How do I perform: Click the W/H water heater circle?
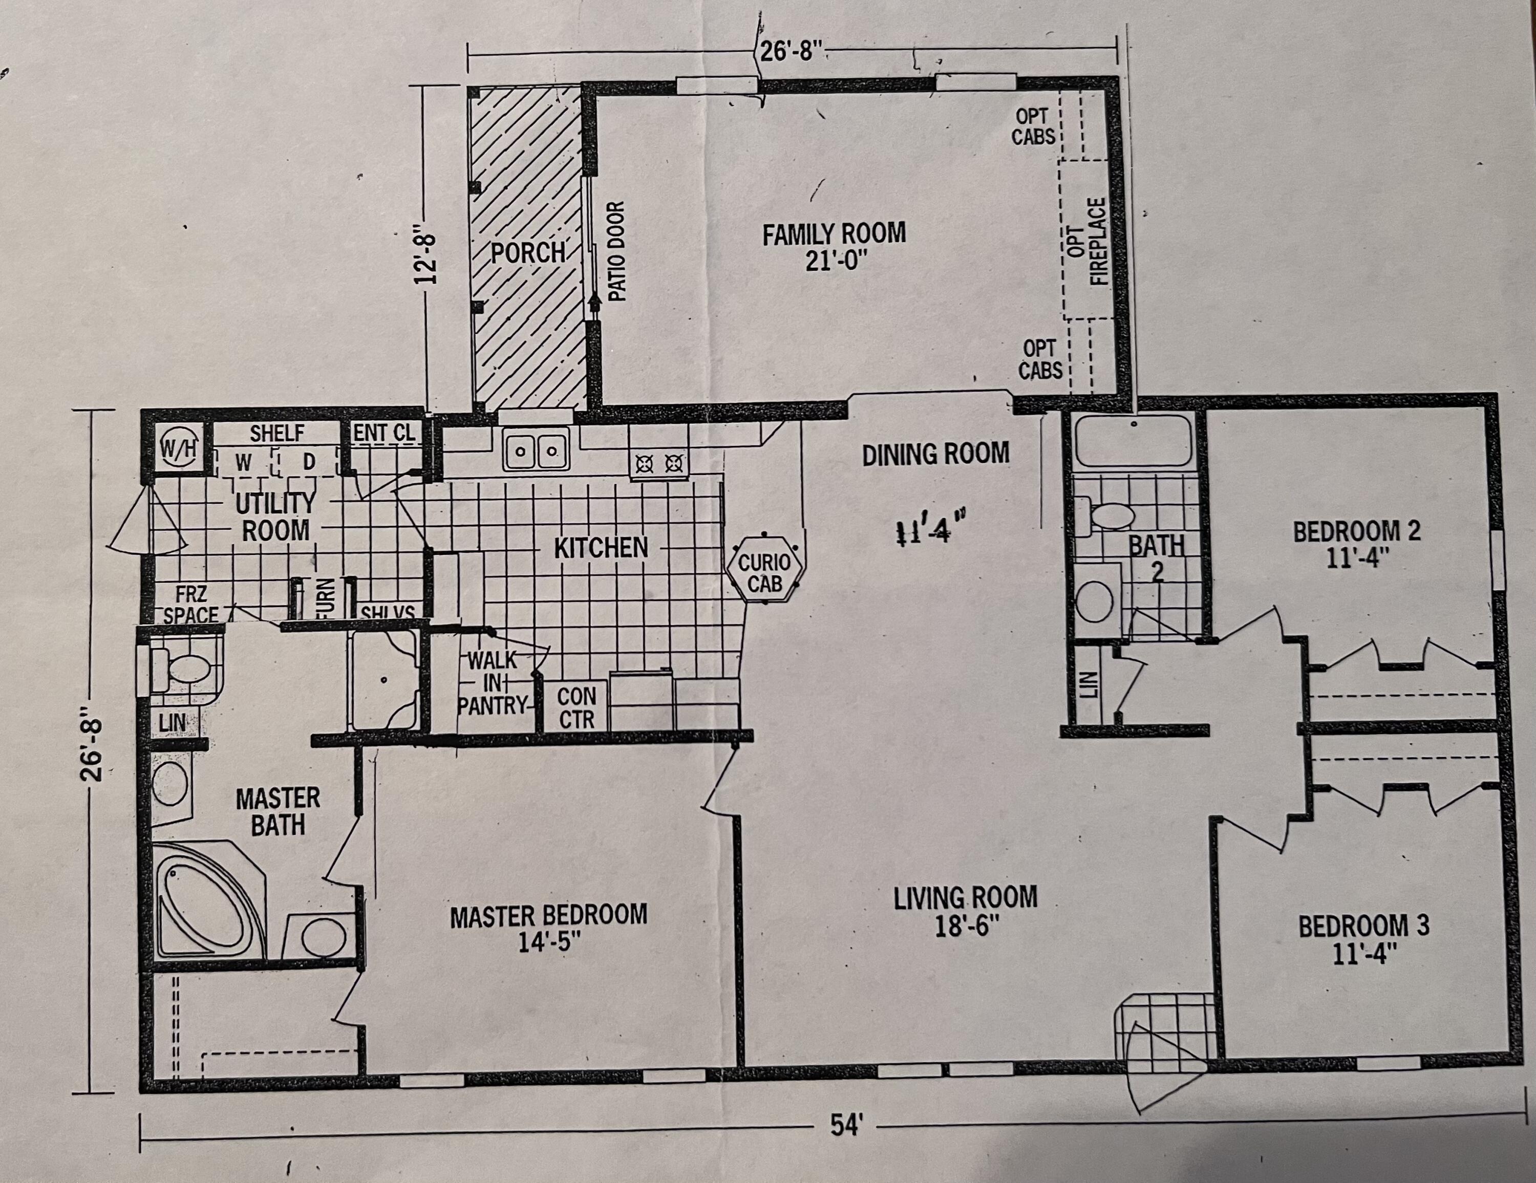coord(177,446)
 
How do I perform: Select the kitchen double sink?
coord(536,450)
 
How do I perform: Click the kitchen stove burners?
coord(659,463)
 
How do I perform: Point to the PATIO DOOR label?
coord(616,251)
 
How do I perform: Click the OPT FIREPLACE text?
coord(1087,241)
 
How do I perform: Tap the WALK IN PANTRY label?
coord(491,682)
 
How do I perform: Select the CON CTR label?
coord(577,707)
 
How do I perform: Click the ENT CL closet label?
coord(384,433)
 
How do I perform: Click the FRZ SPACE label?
coord(190,604)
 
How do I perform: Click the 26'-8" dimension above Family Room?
coord(791,52)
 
